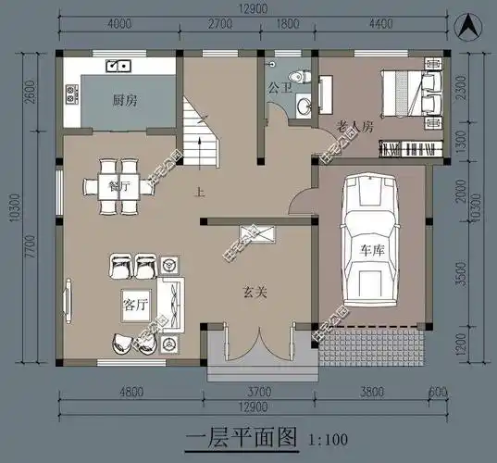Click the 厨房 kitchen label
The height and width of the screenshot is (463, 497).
click(x=126, y=99)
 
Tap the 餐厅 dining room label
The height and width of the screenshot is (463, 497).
click(x=118, y=185)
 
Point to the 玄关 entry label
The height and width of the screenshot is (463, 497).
click(x=255, y=293)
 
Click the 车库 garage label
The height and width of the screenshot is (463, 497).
click(x=372, y=250)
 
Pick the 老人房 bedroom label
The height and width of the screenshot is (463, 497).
click(x=355, y=125)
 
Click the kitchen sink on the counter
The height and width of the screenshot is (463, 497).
click(x=118, y=66)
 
